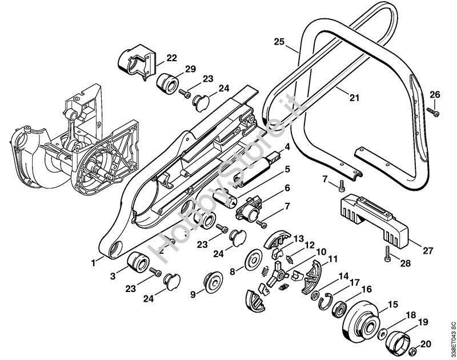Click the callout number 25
pos(279,42)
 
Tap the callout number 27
pos(427,250)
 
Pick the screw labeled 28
pos(387,253)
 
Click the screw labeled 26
pos(433,112)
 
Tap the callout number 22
pos(172,58)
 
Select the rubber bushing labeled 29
pos(167,83)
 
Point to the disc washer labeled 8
pos(253,260)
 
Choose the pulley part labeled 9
pos(213,283)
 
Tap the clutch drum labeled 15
pos(361,322)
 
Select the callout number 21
pos(354,98)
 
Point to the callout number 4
pos(287,147)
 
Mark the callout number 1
pos(93,263)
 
